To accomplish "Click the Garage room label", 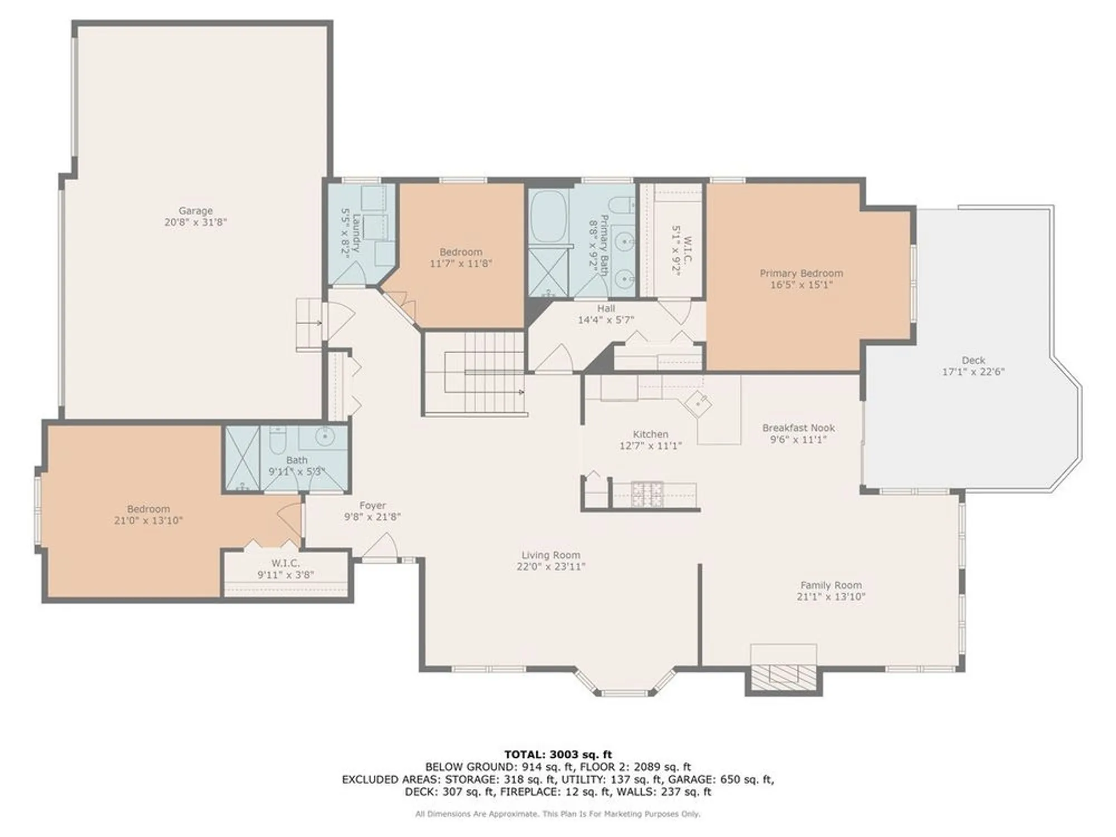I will [x=195, y=210].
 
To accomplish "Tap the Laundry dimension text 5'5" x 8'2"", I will [x=346, y=232].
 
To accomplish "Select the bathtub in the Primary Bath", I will [x=549, y=216].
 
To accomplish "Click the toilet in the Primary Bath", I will [x=621, y=205].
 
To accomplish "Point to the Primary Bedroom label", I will [x=801, y=273].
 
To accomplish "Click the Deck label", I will [x=973, y=360].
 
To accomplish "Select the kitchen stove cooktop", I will [x=647, y=493].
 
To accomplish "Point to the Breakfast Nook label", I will [x=798, y=428].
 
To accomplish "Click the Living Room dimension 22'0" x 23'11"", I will [x=551, y=566].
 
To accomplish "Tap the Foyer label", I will [x=372, y=506].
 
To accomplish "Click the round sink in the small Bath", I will [x=324, y=436].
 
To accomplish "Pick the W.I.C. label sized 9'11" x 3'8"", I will [x=286, y=563].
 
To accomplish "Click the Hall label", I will [x=606, y=308].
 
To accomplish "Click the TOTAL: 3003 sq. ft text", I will [x=557, y=754].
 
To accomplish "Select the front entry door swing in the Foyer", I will [x=382, y=546].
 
